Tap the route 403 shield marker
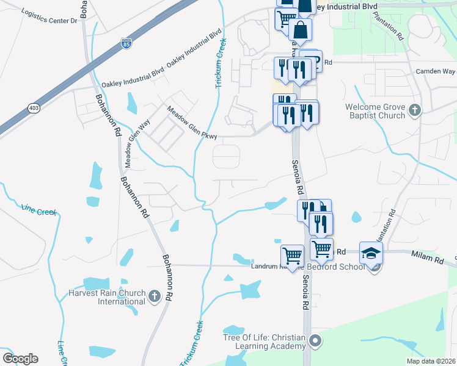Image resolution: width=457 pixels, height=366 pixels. (x=34, y=108)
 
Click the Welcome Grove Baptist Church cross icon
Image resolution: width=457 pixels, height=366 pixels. (x=415, y=110)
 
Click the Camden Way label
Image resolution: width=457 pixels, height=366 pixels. (x=435, y=71)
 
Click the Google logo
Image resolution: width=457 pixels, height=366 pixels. (x=20, y=359)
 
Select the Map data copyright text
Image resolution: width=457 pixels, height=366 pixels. (x=431, y=361)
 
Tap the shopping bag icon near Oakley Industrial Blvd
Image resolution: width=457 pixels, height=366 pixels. (x=300, y=29)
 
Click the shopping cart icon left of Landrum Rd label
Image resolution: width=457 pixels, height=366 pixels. (x=292, y=255)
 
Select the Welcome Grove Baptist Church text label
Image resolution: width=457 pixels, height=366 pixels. (x=375, y=110)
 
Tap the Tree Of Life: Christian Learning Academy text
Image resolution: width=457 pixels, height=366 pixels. (x=264, y=342)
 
